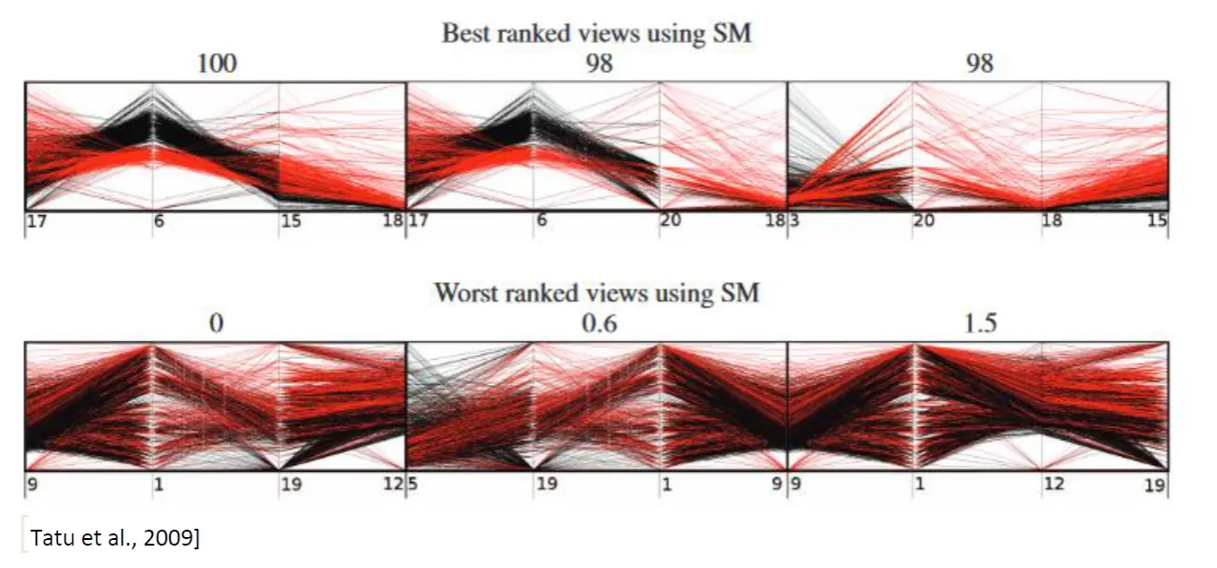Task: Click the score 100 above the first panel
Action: (x=217, y=64)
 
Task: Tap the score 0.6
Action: (x=598, y=323)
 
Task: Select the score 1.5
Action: (x=980, y=323)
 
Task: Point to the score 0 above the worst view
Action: (x=217, y=323)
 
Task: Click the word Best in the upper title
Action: (x=465, y=35)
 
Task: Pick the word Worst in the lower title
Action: (x=464, y=293)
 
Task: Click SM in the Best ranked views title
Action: (x=731, y=35)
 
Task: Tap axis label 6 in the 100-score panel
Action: (x=159, y=223)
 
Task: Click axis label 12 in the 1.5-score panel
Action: (x=1054, y=484)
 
